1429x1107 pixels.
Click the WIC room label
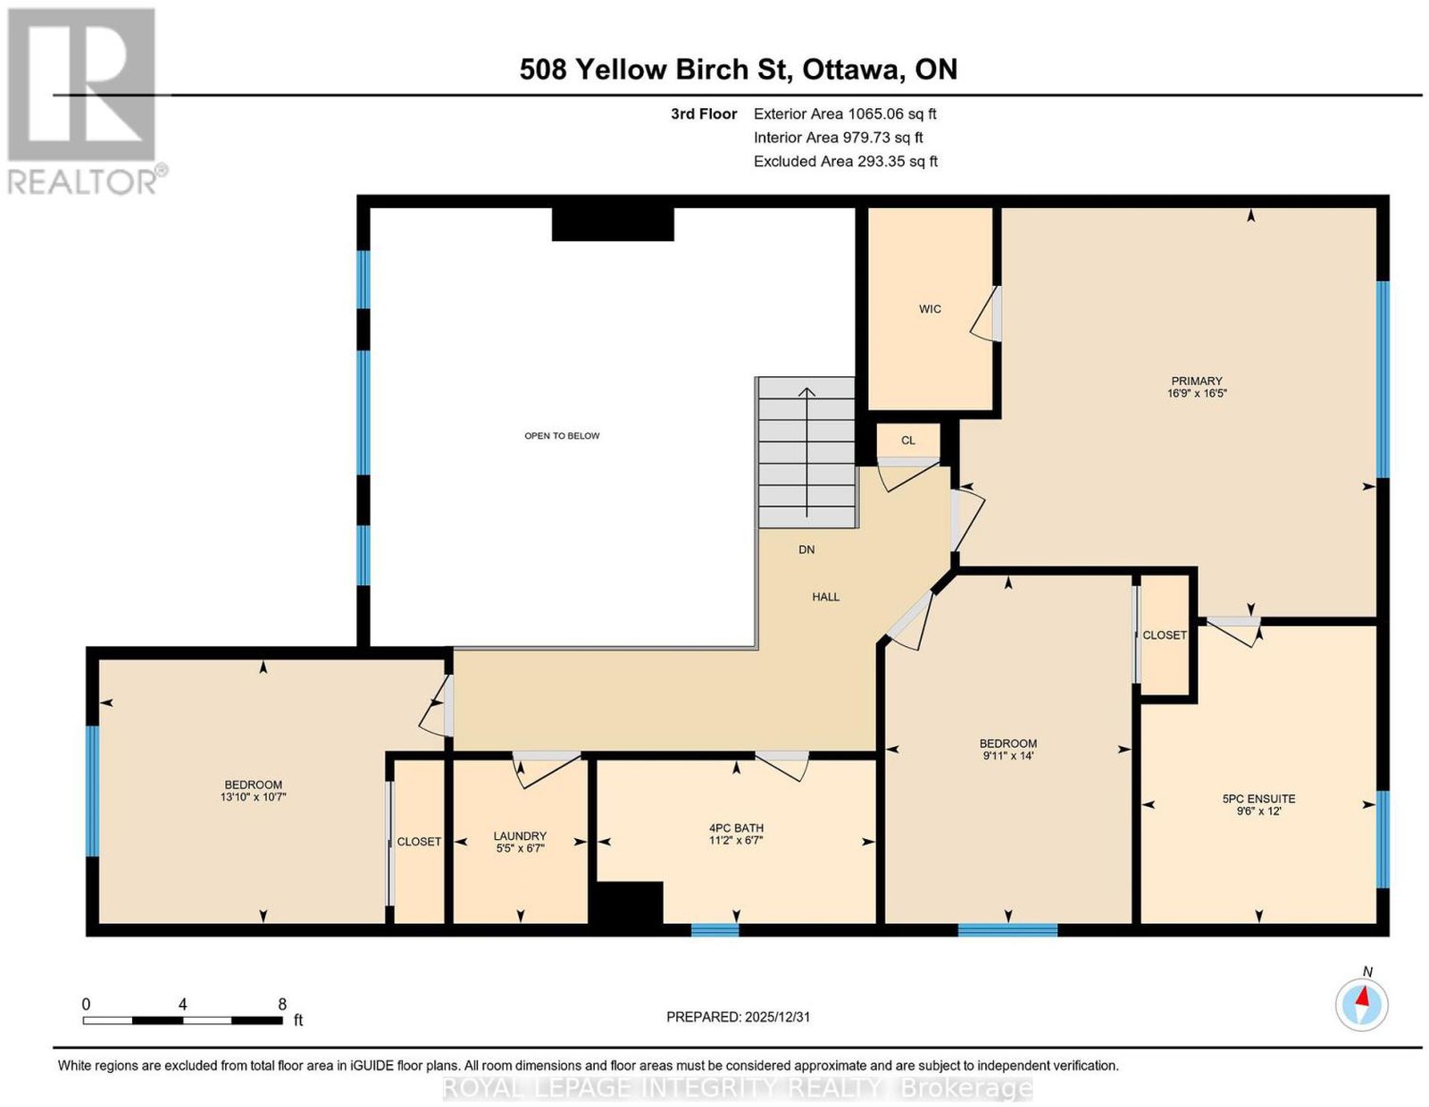[x=929, y=308]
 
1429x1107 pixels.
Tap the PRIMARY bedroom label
[x=1196, y=381]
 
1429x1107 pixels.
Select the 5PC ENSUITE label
[x=1258, y=799]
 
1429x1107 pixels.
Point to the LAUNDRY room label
[x=520, y=836]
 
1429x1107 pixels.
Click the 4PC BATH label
[x=736, y=828]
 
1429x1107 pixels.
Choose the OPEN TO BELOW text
[x=562, y=435]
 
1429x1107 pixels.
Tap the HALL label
[x=825, y=597]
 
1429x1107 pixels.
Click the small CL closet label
[x=907, y=440]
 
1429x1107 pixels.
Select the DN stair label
[x=806, y=549]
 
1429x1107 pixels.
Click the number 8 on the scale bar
[x=282, y=1003]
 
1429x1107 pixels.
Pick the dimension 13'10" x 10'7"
[x=253, y=797]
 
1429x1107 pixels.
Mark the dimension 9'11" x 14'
[x=1008, y=756]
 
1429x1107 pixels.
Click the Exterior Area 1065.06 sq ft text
[x=844, y=113]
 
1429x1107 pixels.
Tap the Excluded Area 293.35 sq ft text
[x=845, y=161]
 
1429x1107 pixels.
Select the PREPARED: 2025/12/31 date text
[x=738, y=1016]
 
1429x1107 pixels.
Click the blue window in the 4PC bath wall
[x=714, y=929]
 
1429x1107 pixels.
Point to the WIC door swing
[x=986, y=314]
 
